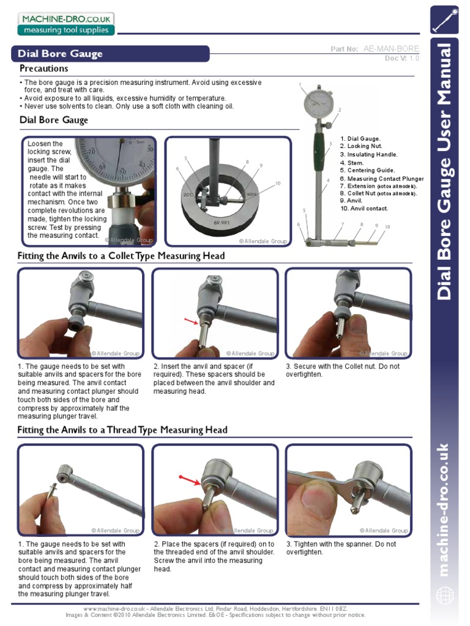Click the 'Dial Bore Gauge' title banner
[61, 54]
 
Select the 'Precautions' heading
[44, 68]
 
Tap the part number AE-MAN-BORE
[392, 48]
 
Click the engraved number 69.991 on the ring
[222, 224]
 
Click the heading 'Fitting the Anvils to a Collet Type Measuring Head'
[121, 256]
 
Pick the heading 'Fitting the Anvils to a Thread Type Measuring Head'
[122, 430]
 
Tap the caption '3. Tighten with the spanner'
[341, 544]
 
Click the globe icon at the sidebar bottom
[444, 594]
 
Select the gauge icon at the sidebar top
[444, 20]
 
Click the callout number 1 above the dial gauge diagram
[300, 84]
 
